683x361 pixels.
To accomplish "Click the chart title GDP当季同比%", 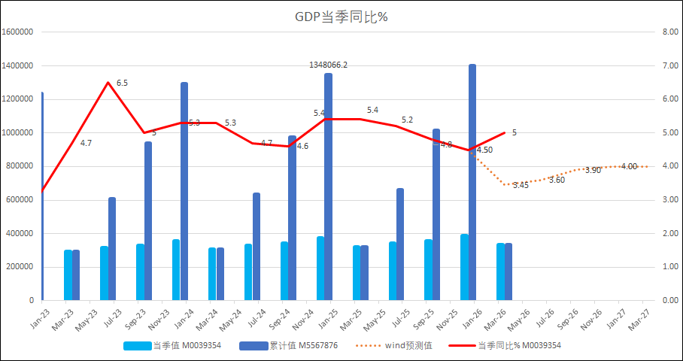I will (x=341, y=17).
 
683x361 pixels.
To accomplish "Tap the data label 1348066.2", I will (x=328, y=65).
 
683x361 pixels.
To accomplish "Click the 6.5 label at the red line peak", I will (x=121, y=83).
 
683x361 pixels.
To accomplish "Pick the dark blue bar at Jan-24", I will (x=184, y=191).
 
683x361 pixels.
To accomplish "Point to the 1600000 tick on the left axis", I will (x=18, y=32).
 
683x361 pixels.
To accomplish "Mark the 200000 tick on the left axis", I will (x=20, y=267).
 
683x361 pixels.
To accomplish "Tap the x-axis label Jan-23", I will (x=37, y=314).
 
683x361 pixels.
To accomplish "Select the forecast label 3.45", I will (x=521, y=185).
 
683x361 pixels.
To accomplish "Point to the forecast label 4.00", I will (x=629, y=166).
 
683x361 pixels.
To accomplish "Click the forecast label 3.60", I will (x=557, y=180).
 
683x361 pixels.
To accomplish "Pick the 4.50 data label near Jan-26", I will (x=484, y=150).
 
